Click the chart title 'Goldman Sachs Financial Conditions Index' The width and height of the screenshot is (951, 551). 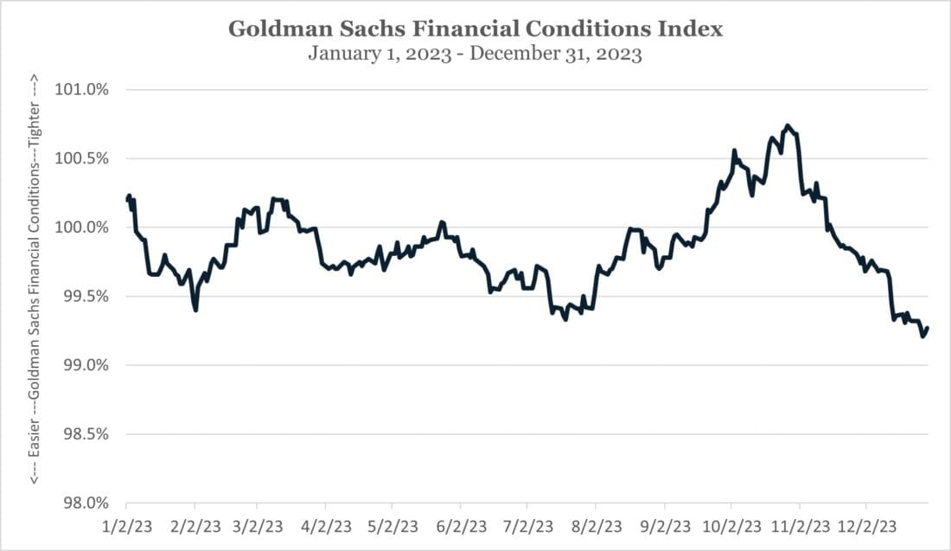(475, 29)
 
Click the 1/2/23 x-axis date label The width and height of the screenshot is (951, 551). (126, 526)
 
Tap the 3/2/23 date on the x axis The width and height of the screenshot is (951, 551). (257, 526)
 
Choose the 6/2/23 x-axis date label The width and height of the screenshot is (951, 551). (460, 526)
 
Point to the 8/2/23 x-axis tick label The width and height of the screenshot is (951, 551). (596, 526)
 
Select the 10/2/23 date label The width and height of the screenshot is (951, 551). (731, 526)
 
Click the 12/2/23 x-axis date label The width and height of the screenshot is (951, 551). (867, 526)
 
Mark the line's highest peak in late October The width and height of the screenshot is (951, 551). (787, 125)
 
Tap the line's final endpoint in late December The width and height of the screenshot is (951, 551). (928, 328)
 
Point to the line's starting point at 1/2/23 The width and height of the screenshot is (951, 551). (127, 200)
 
